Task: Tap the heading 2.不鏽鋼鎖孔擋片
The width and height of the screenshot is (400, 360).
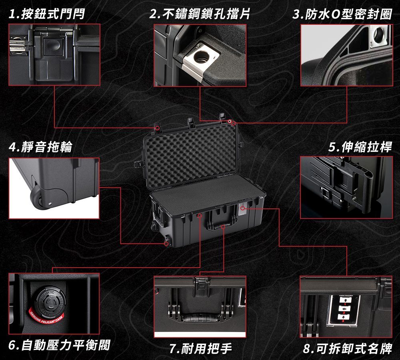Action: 200,15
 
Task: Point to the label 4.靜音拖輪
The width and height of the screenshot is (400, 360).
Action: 40,147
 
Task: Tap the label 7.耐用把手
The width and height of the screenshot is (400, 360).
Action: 200,348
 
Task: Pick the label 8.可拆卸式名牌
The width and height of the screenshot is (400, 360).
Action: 347,348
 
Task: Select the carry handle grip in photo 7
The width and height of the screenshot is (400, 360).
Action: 200,318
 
